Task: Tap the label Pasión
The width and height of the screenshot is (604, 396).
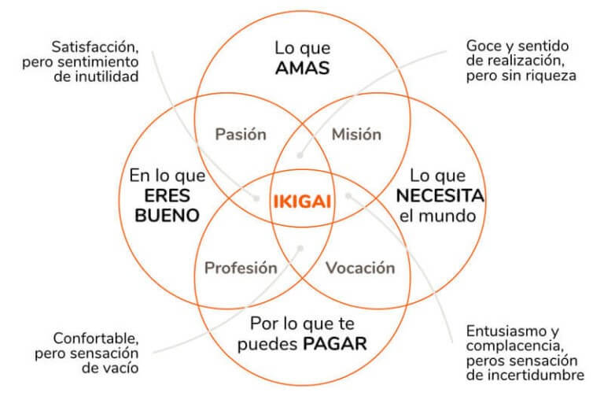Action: [x=241, y=134]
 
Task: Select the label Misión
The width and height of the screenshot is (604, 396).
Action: [x=355, y=134]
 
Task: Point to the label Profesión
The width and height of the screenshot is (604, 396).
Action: [x=241, y=268]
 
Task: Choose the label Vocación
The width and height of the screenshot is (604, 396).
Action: [x=359, y=268]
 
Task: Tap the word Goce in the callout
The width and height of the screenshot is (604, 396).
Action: [x=485, y=46]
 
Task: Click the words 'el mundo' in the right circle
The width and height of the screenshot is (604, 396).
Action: [x=439, y=215]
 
